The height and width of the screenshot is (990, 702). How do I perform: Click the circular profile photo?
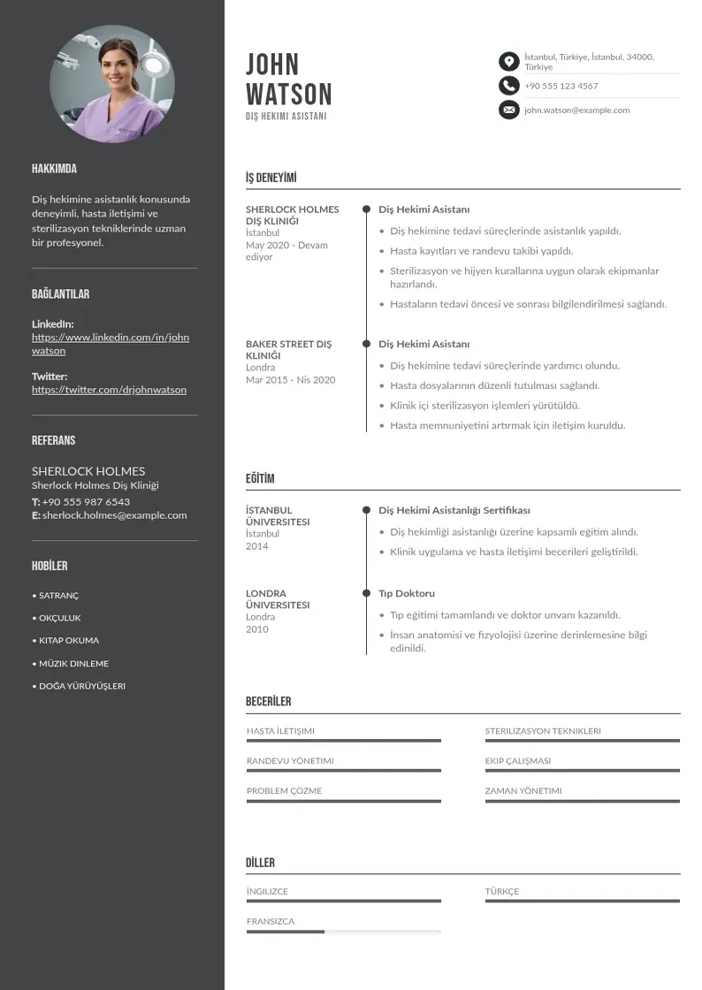click(112, 85)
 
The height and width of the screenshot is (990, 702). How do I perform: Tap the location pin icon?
click(508, 61)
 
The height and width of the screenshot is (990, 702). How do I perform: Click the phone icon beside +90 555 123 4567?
click(508, 86)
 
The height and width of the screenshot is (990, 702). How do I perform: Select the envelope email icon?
click(508, 110)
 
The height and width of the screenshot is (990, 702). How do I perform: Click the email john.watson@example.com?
click(576, 110)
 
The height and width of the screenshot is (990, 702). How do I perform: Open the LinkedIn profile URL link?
click(111, 344)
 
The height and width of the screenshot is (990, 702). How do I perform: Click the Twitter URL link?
click(109, 390)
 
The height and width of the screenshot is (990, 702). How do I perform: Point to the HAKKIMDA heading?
click(54, 169)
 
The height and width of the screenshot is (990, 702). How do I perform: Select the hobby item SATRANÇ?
click(58, 596)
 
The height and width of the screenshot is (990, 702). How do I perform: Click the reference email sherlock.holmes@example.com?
click(114, 515)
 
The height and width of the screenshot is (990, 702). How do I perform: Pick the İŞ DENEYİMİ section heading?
click(271, 178)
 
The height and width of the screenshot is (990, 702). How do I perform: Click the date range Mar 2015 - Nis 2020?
click(290, 380)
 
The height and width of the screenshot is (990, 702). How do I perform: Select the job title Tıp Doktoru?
click(407, 593)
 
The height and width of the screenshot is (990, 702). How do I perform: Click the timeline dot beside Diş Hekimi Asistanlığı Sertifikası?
click(366, 510)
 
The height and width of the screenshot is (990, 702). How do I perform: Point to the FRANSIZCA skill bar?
click(343, 932)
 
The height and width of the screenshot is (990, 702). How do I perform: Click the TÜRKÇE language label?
click(502, 892)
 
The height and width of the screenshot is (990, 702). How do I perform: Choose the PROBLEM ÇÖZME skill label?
click(284, 791)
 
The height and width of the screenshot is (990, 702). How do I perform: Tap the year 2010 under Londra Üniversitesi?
click(256, 629)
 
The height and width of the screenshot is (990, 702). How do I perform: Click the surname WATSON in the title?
click(288, 95)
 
